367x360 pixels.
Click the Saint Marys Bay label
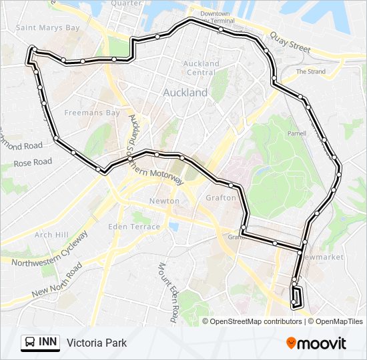47,28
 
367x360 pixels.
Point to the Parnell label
296,133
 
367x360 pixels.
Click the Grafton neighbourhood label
221,197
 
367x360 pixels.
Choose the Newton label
163,201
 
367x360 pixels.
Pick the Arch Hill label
51,235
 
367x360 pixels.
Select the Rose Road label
33,162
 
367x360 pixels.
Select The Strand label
310,71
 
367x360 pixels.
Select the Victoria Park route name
96,343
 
